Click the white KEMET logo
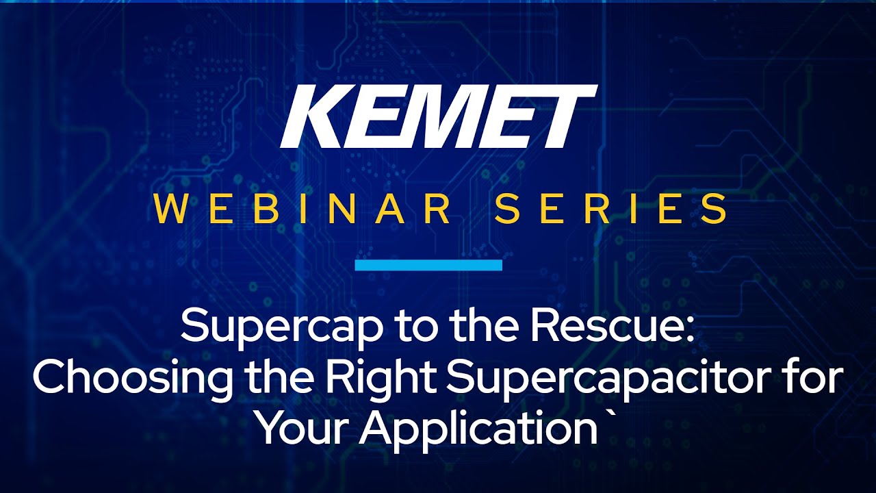(439, 116)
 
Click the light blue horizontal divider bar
(428, 265)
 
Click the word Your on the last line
(303, 427)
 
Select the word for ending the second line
(813, 377)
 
